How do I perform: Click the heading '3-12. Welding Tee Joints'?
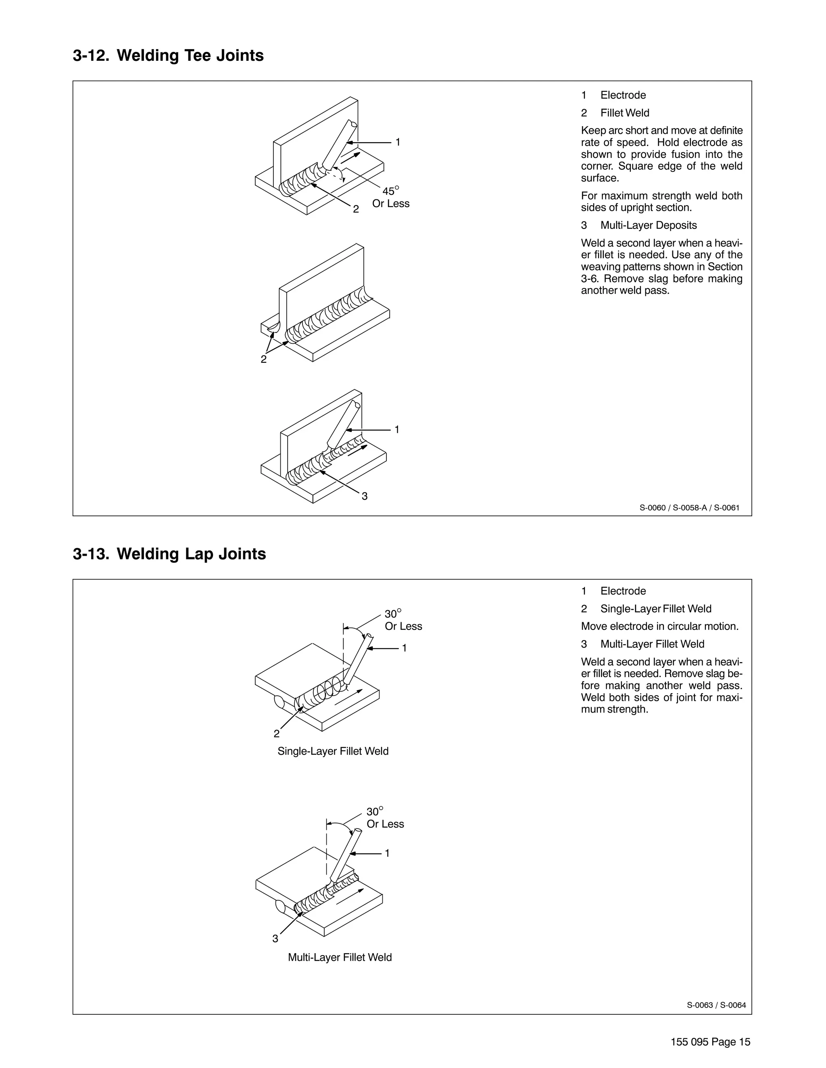click(x=168, y=56)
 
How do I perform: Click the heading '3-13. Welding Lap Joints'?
click(x=169, y=554)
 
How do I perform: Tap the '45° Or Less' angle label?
click(x=390, y=197)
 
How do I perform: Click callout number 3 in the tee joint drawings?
click(x=365, y=497)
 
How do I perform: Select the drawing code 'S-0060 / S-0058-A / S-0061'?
click(x=689, y=507)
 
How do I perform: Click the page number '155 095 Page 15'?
click(x=710, y=1042)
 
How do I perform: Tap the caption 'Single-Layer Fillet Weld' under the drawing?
click(x=333, y=751)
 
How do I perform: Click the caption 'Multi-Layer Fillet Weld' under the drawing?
click(x=340, y=957)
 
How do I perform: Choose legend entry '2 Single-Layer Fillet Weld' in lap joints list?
click(x=646, y=609)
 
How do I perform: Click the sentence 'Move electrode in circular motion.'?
click(x=659, y=626)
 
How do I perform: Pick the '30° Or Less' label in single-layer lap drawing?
click(x=403, y=620)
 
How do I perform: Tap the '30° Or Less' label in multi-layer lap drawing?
click(x=385, y=818)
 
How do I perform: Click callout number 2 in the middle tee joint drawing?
click(x=264, y=359)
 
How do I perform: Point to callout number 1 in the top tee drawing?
click(x=398, y=142)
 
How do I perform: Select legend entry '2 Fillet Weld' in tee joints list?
click(x=615, y=113)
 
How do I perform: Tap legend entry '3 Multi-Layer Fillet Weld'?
click(x=642, y=644)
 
